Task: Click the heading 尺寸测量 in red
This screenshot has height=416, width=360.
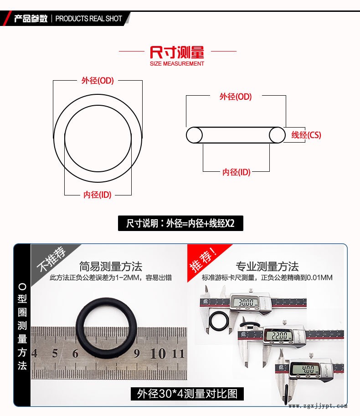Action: (x=177, y=52)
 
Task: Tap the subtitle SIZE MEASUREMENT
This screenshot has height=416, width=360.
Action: (x=177, y=64)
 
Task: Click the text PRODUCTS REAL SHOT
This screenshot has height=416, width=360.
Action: (x=88, y=19)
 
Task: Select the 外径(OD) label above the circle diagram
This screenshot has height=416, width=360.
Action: (x=98, y=80)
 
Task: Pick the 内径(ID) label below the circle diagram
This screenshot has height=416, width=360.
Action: (x=98, y=195)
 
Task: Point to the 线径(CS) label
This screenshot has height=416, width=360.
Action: (x=306, y=135)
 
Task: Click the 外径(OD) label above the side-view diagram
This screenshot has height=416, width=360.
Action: (x=236, y=97)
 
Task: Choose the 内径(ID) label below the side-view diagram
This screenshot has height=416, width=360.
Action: (x=237, y=172)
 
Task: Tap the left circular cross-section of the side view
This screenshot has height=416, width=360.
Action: (x=194, y=135)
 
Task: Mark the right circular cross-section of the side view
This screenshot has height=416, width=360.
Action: (x=277, y=135)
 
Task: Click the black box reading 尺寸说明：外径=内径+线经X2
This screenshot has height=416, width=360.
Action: (x=180, y=223)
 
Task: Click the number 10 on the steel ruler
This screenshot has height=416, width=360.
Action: (x=158, y=354)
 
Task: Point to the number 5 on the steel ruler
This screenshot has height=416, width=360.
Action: (x=55, y=353)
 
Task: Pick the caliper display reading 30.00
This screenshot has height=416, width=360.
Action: (x=246, y=302)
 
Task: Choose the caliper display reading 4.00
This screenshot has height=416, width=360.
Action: (x=308, y=369)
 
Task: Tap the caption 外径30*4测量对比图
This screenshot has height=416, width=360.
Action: (x=187, y=394)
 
